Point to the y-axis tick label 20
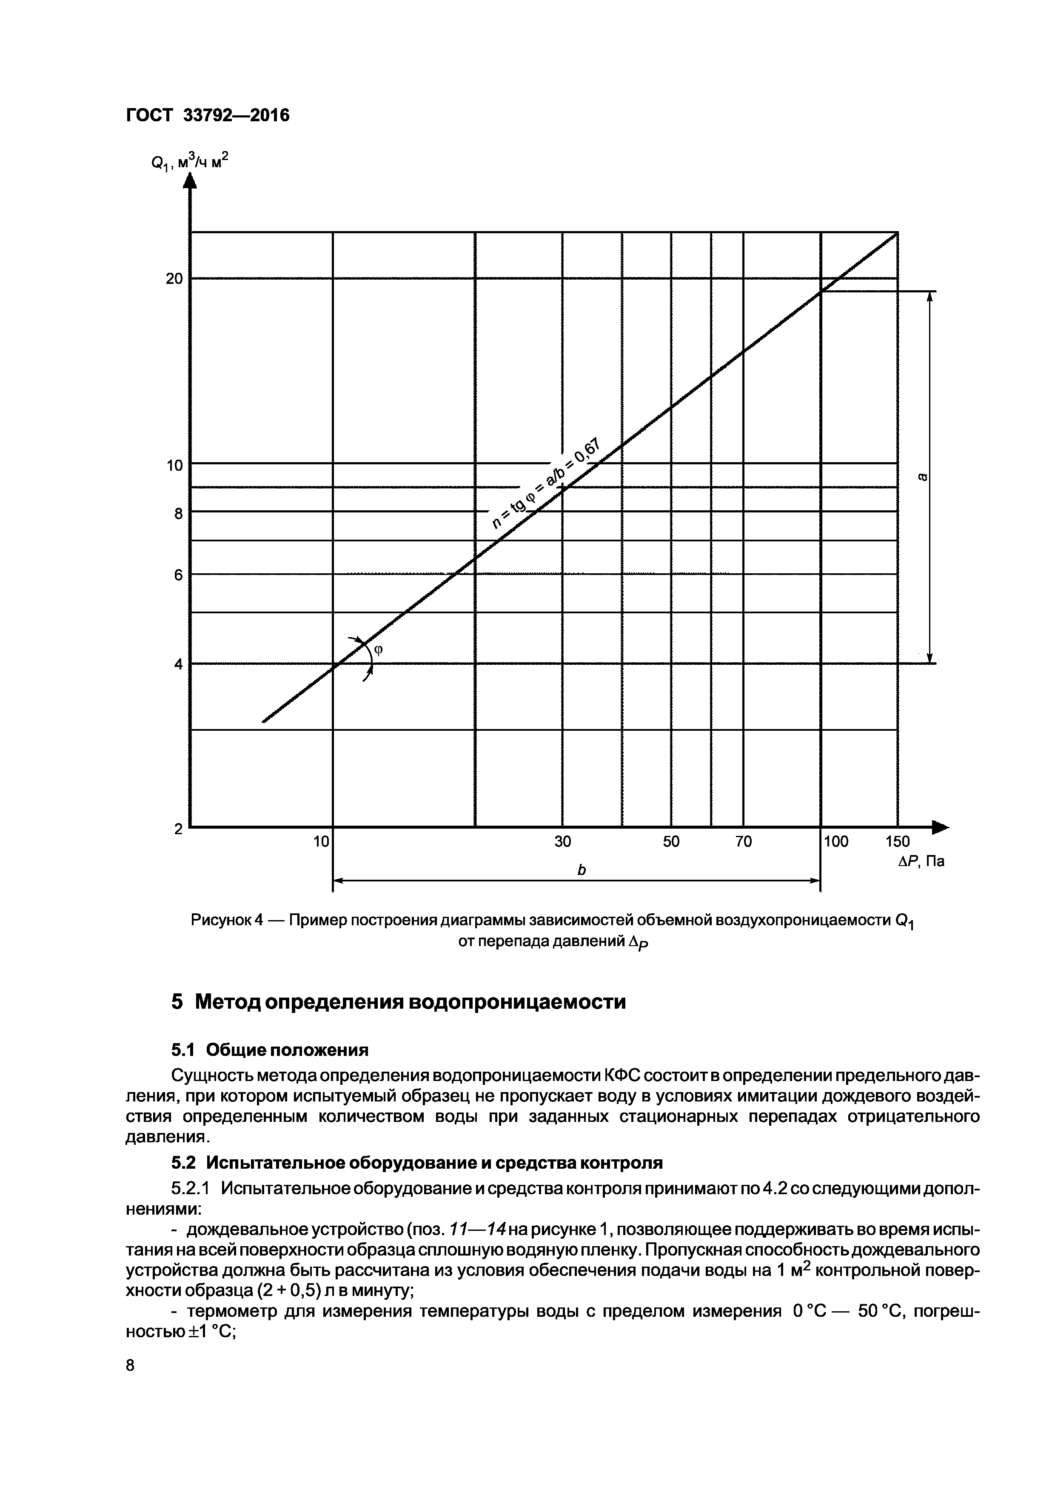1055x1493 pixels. (x=174, y=279)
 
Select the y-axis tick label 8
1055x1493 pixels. (x=177, y=514)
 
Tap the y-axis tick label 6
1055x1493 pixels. (x=177, y=575)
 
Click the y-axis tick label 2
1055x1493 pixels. (x=177, y=829)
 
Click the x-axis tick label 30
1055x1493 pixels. (x=562, y=841)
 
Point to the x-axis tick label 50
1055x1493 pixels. (x=671, y=841)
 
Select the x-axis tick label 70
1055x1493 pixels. (x=744, y=841)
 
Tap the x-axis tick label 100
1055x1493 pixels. (x=836, y=841)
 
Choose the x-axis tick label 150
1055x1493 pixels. (x=898, y=841)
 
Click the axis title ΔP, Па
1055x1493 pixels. (x=921, y=861)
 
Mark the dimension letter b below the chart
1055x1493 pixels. (x=582, y=870)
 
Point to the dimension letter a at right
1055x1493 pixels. (x=922, y=477)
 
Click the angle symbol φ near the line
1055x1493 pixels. (x=378, y=649)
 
